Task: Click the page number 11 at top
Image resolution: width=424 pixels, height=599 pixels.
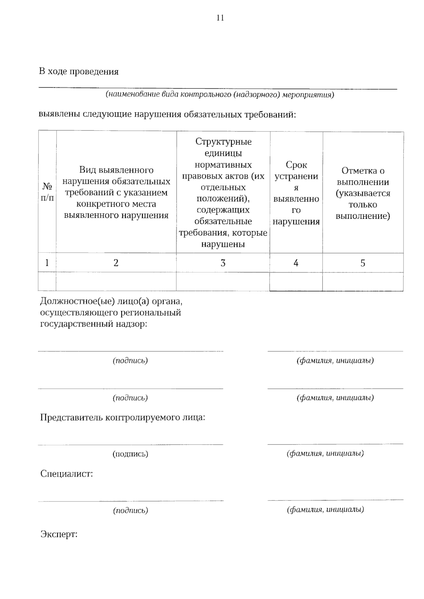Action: click(x=220, y=18)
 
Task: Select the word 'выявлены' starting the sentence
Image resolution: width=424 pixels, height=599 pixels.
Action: click(x=59, y=114)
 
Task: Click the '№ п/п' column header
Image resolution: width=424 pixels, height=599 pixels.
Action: click(x=47, y=192)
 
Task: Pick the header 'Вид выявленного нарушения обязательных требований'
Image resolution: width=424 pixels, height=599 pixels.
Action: click(x=116, y=193)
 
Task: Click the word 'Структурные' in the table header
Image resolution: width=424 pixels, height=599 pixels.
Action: click(x=223, y=142)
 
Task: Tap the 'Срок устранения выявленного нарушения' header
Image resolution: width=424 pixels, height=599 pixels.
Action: click(x=296, y=193)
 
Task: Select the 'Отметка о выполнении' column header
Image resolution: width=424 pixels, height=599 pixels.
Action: click(x=363, y=193)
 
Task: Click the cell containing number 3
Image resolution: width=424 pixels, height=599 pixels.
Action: click(x=223, y=263)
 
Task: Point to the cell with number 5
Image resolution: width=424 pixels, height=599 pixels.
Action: click(x=363, y=263)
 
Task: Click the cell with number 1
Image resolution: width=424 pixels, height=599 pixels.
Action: click(x=47, y=263)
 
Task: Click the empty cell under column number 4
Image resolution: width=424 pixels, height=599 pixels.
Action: click(x=296, y=282)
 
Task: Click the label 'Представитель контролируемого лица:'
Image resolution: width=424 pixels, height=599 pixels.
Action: click(x=123, y=418)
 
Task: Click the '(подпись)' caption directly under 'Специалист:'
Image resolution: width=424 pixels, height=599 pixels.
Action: click(x=130, y=510)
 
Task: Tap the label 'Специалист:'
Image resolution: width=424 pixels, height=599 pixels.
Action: click(x=66, y=474)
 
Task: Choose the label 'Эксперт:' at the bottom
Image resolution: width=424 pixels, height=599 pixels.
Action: click(x=59, y=534)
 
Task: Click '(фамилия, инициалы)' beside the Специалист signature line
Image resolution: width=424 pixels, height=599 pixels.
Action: click(x=325, y=509)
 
